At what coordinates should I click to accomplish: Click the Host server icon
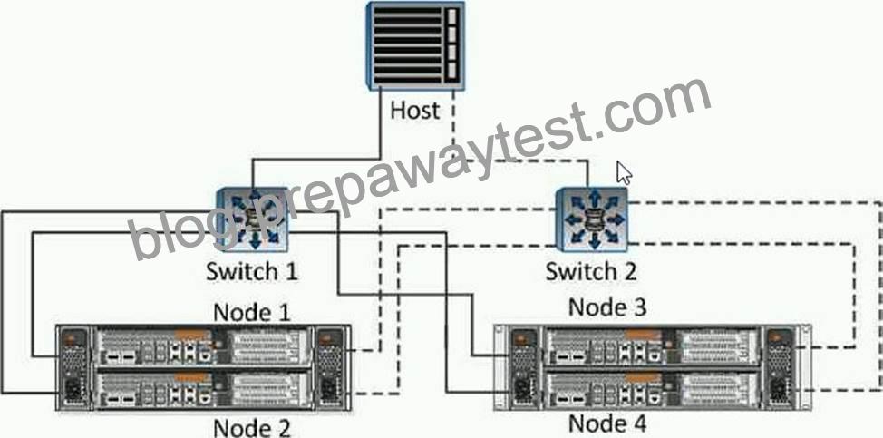[x=415, y=45]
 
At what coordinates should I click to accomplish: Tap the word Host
[x=415, y=110]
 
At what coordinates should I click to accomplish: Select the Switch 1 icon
[x=252, y=219]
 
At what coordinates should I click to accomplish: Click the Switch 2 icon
[x=591, y=219]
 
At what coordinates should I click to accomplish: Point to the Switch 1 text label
[x=252, y=271]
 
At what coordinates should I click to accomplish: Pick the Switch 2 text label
[x=591, y=271]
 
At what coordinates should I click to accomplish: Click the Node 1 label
[x=252, y=311]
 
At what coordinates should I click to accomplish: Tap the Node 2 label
[x=252, y=427]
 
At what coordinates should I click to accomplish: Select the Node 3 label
[x=607, y=307]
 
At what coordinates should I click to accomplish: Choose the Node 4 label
[x=607, y=423]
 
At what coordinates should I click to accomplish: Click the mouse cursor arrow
[x=623, y=172]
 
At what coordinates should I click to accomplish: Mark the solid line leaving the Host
[x=315, y=160]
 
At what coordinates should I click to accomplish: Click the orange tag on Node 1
[x=192, y=335]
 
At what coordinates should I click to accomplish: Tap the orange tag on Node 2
[x=192, y=377]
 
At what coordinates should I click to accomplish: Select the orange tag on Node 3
[x=644, y=335]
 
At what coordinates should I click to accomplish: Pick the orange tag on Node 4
[x=644, y=376]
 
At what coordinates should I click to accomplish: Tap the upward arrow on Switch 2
[x=595, y=199]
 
